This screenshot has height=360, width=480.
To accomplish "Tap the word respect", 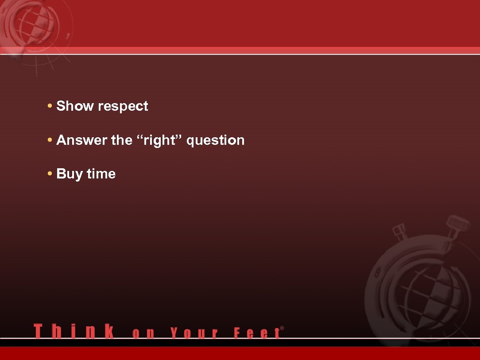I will (123, 107).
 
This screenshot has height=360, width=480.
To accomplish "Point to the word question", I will (216, 141).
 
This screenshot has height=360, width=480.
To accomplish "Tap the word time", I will (101, 174).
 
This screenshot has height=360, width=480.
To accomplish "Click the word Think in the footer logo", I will (74, 331).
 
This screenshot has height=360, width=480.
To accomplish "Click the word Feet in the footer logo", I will (257, 333).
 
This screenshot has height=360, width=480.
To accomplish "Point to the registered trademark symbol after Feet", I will (282, 328).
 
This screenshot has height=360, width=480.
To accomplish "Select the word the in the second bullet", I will (122, 140).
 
